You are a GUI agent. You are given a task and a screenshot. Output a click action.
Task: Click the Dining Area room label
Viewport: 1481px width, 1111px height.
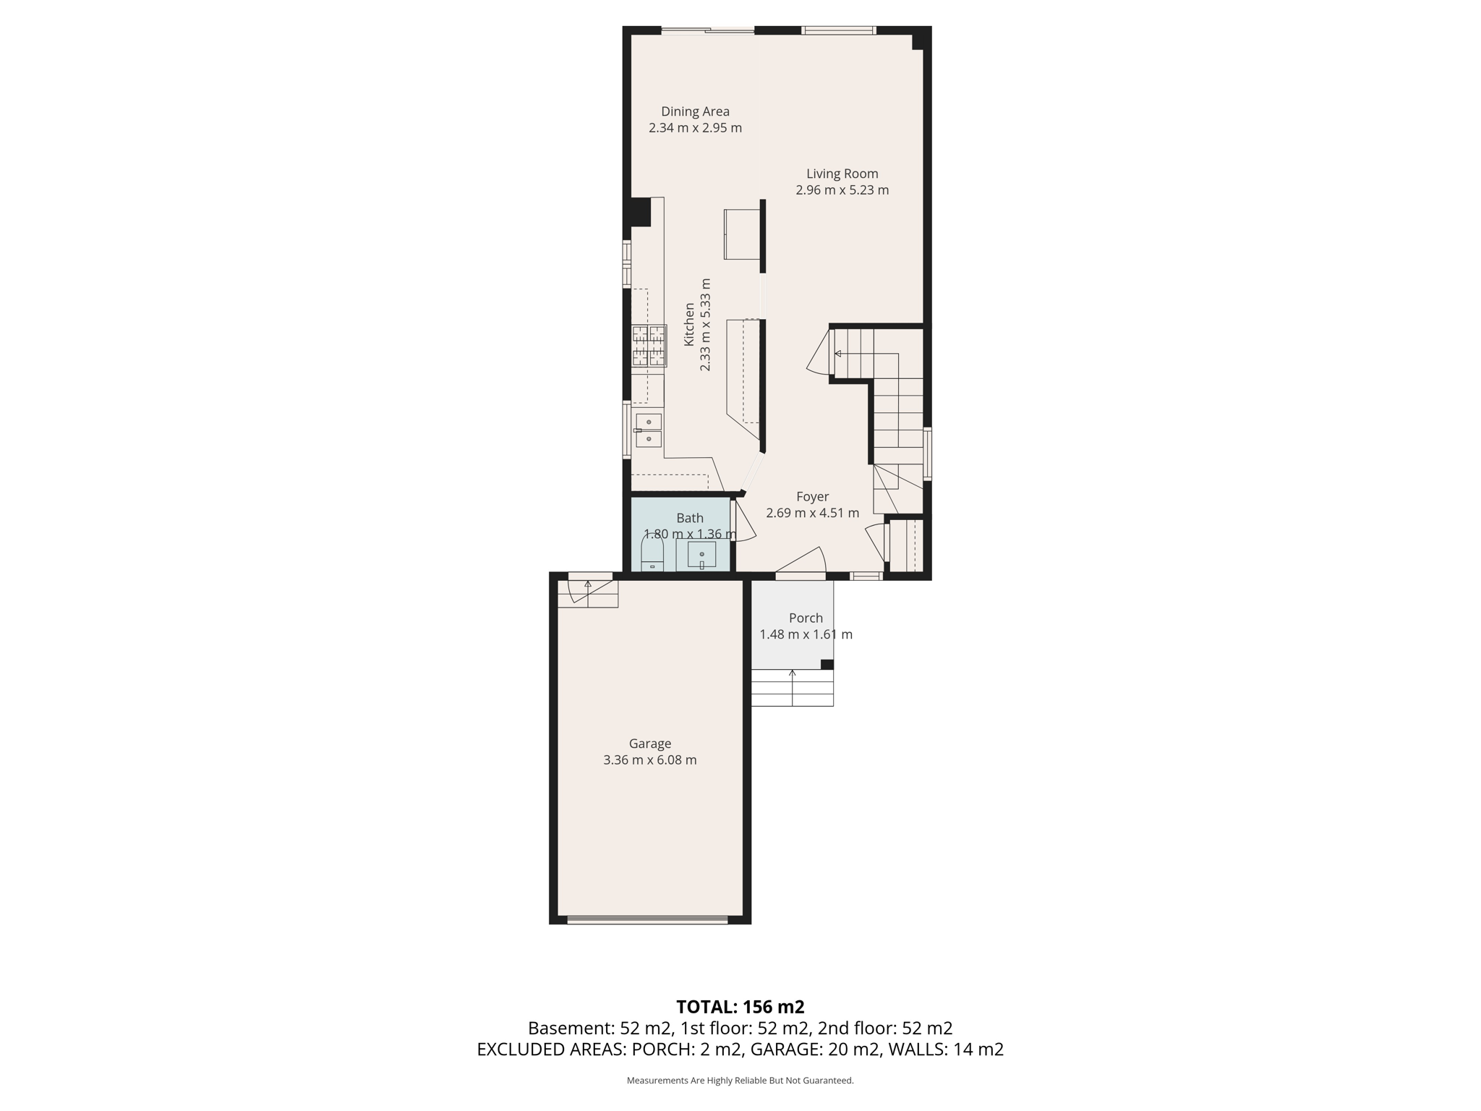coord(695,111)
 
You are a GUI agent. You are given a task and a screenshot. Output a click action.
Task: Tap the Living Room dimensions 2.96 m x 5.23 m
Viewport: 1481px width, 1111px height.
coord(842,190)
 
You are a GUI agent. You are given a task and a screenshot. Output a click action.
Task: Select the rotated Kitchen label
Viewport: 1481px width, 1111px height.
coord(689,324)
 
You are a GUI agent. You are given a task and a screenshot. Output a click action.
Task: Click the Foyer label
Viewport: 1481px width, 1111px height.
coord(812,497)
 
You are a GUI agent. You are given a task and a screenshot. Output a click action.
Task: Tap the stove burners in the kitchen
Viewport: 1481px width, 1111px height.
coord(649,345)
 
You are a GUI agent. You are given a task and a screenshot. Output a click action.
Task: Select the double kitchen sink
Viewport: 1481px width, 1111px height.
coord(649,430)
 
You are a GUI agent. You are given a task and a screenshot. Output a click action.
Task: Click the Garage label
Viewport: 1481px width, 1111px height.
coord(649,744)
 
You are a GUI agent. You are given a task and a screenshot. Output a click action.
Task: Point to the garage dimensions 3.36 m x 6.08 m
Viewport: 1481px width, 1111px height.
coord(649,760)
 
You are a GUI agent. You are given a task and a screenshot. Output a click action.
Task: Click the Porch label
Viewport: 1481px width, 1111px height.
coord(806,618)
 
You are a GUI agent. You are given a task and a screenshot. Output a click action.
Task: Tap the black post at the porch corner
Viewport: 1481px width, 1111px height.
coord(827,664)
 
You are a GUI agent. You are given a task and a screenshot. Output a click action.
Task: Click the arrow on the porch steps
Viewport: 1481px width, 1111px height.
coord(793,674)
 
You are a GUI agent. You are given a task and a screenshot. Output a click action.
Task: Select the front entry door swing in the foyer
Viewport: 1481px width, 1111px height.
coord(803,562)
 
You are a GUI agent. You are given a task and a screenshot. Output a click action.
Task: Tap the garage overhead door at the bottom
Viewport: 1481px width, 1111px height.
coord(647,919)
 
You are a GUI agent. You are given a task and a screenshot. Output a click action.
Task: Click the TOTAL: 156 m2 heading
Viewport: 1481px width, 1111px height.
coord(740,1007)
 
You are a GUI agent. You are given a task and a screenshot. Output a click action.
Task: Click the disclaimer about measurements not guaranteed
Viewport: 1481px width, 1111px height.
coord(740,1081)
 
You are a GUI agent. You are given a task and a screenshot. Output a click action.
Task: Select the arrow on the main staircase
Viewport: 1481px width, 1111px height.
coord(838,354)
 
